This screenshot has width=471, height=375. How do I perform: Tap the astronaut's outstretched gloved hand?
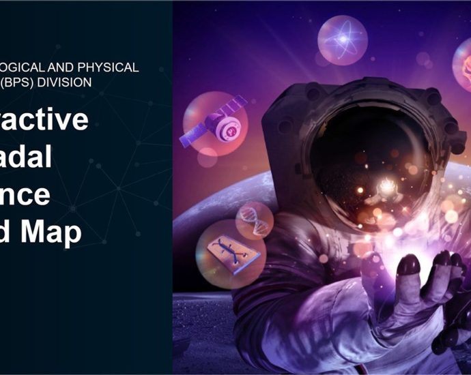[x=423, y=286]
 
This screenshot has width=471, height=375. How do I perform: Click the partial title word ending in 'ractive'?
[x=45, y=120]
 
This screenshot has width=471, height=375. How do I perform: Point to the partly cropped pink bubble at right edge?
[x=462, y=65]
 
